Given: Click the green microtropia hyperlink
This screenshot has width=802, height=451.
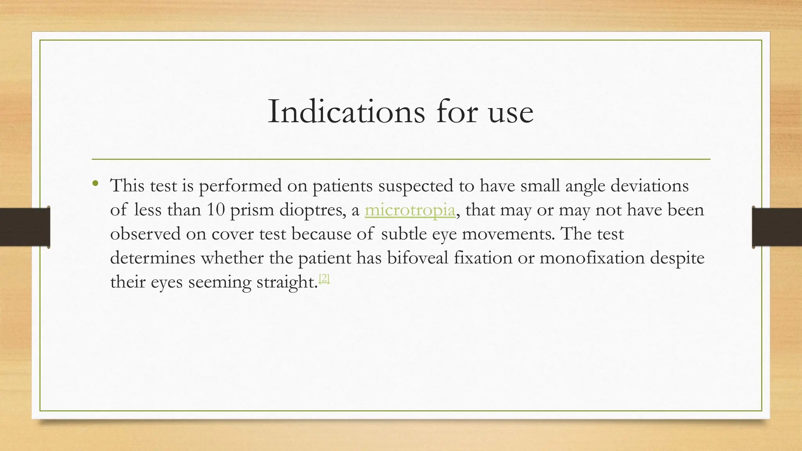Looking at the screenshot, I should click(410, 210).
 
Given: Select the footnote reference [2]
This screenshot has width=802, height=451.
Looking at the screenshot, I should click(324, 278).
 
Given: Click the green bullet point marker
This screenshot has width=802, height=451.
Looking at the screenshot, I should click(95, 183).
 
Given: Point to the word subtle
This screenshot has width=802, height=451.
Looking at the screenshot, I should click(404, 234).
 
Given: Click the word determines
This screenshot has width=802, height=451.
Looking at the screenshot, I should click(153, 258).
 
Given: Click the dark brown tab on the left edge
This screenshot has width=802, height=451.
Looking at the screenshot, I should click(25, 227).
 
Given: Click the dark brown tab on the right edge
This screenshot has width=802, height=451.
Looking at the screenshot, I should click(777, 227).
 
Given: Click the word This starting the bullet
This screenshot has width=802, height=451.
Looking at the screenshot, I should click(127, 186).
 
